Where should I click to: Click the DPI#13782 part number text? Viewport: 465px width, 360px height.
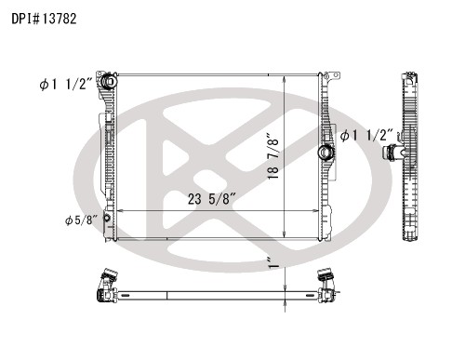[x=44, y=19]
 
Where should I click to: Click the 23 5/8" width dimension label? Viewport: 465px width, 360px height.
[x=212, y=199]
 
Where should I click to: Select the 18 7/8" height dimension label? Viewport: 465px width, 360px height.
[x=273, y=156]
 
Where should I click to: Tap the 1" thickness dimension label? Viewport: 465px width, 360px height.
[x=274, y=263]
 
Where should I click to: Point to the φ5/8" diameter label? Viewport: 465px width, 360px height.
[x=81, y=220]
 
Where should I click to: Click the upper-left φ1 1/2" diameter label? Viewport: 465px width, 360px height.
[x=66, y=84]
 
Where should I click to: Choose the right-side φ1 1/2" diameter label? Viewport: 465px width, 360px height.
[x=366, y=136]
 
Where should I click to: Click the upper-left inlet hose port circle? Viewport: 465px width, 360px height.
[x=109, y=81]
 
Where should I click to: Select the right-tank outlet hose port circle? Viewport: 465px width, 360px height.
[x=325, y=153]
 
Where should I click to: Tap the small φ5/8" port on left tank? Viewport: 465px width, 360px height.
[x=107, y=218]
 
